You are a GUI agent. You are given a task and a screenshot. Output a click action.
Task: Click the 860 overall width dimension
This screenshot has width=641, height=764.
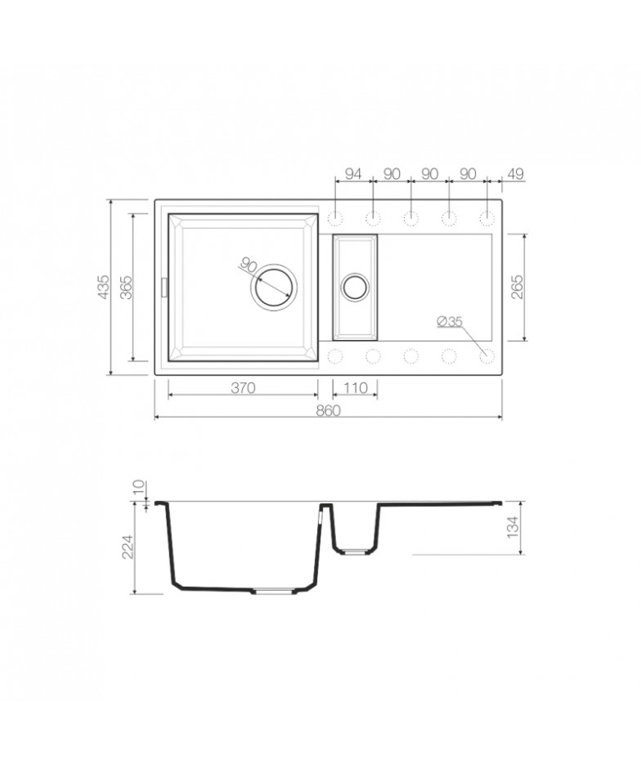tap(328, 410)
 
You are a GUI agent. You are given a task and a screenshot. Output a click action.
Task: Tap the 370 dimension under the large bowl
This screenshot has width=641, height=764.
tap(243, 388)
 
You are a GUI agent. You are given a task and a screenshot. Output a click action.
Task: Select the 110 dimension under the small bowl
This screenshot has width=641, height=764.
tap(356, 388)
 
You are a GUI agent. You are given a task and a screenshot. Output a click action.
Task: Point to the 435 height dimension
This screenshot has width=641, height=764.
tap(104, 287)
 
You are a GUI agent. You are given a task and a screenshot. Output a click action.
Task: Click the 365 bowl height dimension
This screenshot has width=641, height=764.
tap(126, 287)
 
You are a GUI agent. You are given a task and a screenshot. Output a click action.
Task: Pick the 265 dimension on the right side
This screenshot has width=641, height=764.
tap(518, 287)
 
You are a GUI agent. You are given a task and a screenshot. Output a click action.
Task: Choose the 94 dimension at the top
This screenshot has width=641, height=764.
tap(353, 174)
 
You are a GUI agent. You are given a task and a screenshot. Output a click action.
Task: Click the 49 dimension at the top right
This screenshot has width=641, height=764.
tap(516, 174)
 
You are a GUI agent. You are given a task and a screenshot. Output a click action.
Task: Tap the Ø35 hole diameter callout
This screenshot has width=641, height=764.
tap(450, 321)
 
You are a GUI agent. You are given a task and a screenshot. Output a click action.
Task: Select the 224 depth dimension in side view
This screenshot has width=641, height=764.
tap(127, 547)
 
